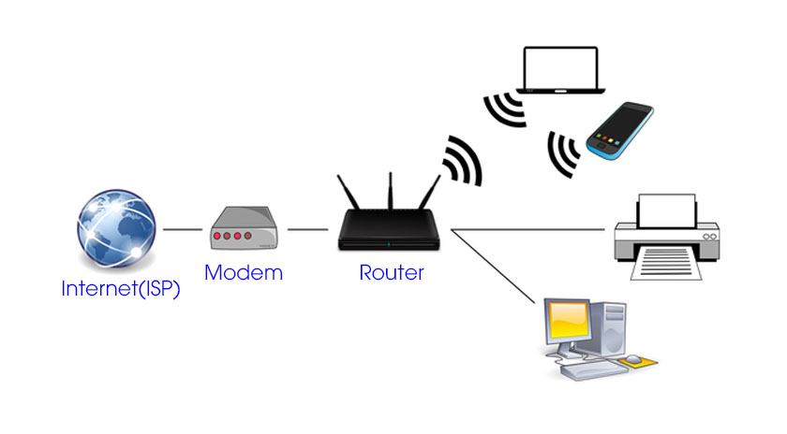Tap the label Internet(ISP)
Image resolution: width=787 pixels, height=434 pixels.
121,288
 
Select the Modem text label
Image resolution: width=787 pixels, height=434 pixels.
243,273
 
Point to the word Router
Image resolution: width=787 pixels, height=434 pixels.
392,273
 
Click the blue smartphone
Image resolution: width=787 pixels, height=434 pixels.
619,130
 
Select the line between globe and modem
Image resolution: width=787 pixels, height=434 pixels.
184,229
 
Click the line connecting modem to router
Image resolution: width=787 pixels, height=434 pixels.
307,229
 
